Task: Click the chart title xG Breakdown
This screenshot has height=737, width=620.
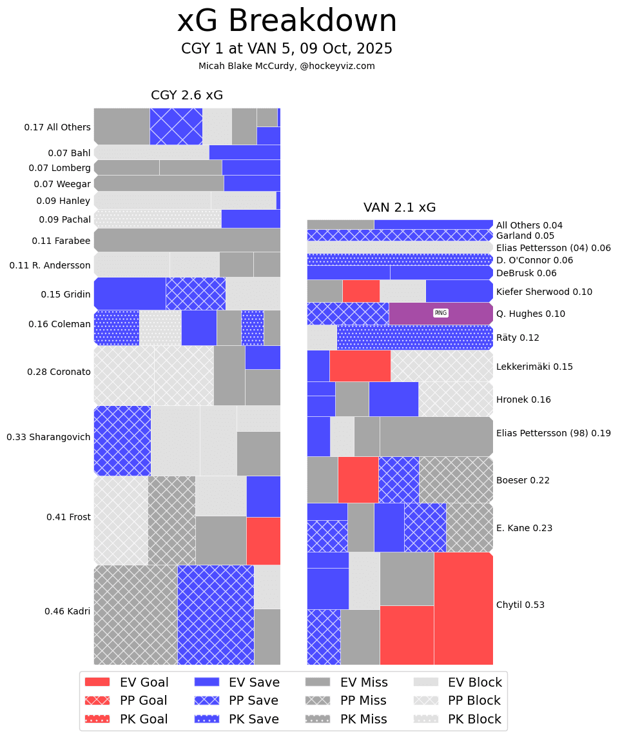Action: point(287,21)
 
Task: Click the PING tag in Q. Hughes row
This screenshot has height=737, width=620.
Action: point(441,313)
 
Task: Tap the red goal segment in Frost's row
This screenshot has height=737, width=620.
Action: point(263,541)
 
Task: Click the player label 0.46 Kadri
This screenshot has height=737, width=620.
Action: point(67,611)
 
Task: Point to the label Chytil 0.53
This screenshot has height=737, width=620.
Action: point(520,605)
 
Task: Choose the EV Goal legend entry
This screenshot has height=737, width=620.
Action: point(126,682)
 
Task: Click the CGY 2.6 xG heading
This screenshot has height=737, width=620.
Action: point(187,96)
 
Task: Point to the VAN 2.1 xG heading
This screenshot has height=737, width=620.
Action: point(400,208)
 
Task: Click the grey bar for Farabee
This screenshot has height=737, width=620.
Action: point(187,240)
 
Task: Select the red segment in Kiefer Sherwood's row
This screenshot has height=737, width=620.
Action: point(361,290)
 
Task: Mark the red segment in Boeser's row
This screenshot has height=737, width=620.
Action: point(358,480)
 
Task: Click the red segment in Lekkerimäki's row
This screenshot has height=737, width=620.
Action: point(360,366)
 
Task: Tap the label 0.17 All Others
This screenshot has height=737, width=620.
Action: point(57,127)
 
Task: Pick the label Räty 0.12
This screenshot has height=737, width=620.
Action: point(518,338)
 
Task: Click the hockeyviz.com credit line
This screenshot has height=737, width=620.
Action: point(287,66)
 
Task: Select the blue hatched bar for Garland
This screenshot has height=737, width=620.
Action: point(400,235)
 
